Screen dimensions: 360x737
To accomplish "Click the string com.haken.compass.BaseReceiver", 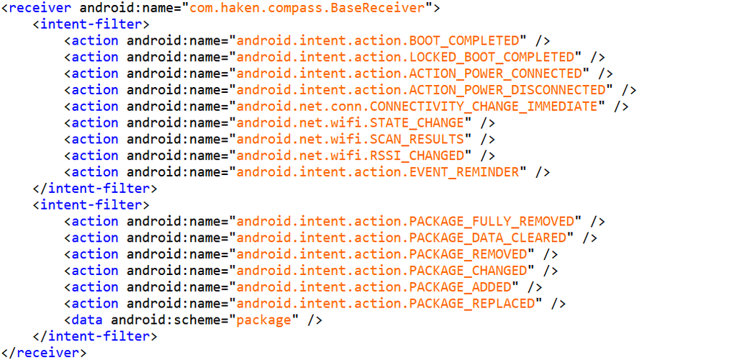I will click(x=310, y=8).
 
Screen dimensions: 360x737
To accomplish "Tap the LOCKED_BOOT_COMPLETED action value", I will click(x=405, y=57).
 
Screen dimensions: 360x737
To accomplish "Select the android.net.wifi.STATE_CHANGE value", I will click(x=350, y=123).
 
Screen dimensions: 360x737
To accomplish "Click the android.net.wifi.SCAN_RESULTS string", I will click(x=350, y=139).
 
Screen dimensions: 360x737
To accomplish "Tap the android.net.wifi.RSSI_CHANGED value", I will click(x=350, y=156).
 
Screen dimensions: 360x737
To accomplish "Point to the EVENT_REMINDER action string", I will click(x=378, y=172).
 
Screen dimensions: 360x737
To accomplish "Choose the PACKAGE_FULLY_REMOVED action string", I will click(x=405, y=221).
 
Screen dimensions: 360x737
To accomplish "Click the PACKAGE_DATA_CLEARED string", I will click(x=402, y=238).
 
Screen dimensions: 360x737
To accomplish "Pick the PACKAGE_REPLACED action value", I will click(x=386, y=303).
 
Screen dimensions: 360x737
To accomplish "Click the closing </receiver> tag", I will click(x=44, y=353).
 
